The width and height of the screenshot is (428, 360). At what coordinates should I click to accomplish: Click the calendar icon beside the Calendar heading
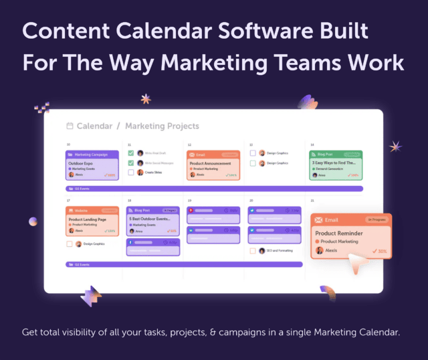(x=70, y=126)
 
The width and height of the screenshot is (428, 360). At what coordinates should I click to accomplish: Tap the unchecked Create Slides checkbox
(x=131, y=172)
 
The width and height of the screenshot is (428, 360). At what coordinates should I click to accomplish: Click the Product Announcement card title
(x=211, y=163)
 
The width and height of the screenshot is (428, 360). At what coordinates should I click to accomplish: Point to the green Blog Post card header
(x=336, y=154)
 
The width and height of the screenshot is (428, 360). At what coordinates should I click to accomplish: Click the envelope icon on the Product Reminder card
(x=320, y=219)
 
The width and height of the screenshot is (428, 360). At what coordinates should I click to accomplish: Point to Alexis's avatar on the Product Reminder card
(x=320, y=250)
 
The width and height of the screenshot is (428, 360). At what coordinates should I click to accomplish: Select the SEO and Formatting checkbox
(x=252, y=251)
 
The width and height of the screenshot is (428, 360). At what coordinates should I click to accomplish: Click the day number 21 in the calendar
(x=313, y=200)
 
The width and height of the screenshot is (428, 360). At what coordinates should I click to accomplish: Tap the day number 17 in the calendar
(x=68, y=200)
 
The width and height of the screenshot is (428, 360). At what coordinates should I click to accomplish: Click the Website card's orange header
(x=92, y=210)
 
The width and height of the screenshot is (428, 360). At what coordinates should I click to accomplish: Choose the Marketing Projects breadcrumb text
(x=162, y=126)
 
